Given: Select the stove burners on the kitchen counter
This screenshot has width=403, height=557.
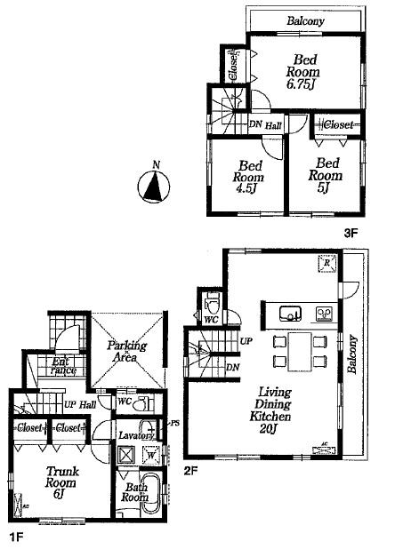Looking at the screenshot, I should point(323,313).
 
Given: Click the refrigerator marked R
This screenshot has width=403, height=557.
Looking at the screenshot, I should point(326,264).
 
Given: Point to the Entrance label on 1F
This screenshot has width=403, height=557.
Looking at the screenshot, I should point(62,366).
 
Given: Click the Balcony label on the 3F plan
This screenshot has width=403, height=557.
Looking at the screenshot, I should point(304,21).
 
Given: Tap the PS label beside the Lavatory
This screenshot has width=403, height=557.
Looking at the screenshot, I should point(175,424).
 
